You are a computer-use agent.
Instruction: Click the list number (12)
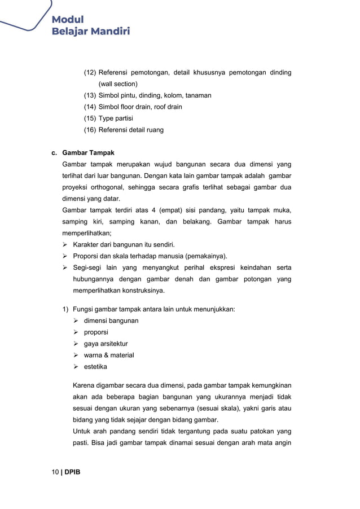[x=90, y=73]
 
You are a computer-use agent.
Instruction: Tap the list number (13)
[x=90, y=95]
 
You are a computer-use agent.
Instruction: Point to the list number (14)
[x=90, y=107]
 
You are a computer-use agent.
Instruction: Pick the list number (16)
[x=90, y=130]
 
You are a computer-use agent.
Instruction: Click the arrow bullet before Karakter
[x=65, y=244]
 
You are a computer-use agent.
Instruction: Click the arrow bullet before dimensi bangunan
[x=76, y=321]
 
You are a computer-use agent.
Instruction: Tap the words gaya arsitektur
[x=106, y=344]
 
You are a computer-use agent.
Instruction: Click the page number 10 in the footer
[x=55, y=472]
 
